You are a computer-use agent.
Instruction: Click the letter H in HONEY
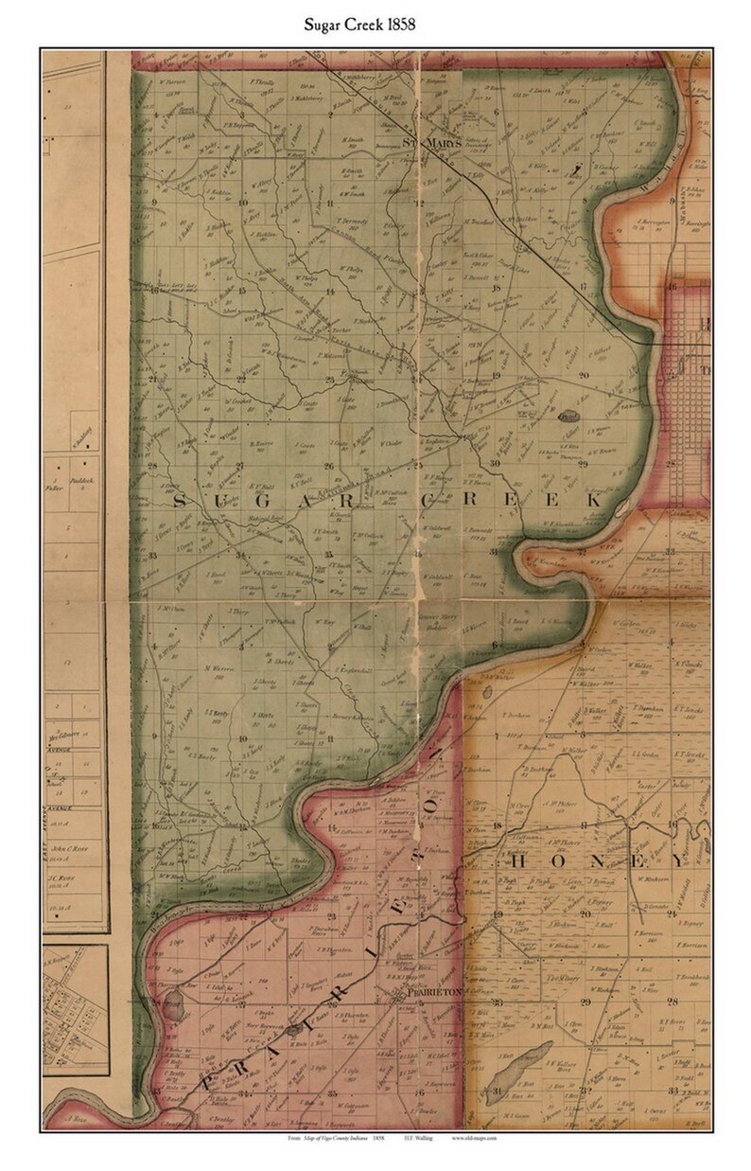click(517, 863)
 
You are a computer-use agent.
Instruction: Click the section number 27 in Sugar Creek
click(240, 466)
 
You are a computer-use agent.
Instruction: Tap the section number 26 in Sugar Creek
click(328, 466)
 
